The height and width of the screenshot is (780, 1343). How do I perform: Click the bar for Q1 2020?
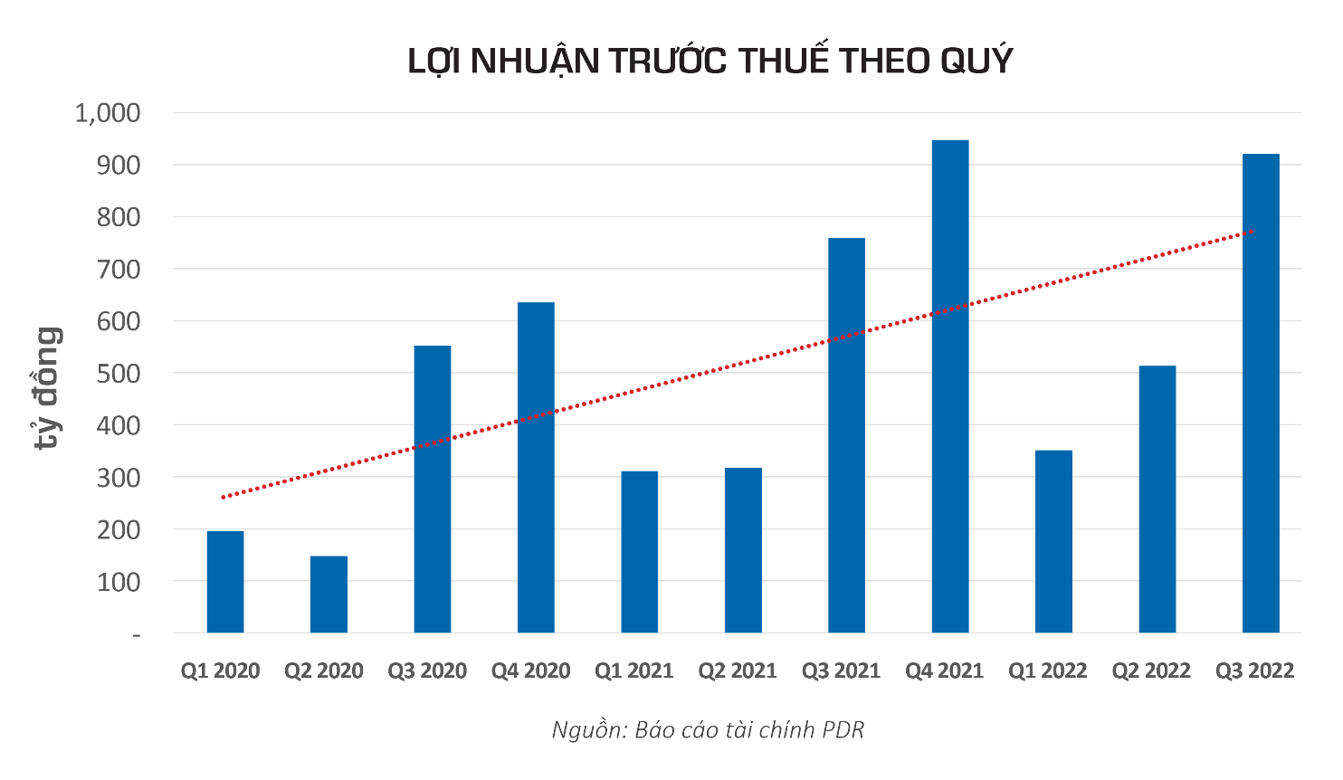point(225,581)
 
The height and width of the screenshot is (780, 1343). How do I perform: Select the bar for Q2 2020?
point(329,594)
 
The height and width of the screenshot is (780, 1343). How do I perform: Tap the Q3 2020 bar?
point(433,489)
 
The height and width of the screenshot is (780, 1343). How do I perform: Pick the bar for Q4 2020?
point(536,467)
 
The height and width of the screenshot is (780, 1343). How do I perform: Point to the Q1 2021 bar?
point(640,552)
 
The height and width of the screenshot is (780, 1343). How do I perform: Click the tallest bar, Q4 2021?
point(950,385)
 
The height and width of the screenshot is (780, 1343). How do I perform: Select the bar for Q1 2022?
point(1053,541)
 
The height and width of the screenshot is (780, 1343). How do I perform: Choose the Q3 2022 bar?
point(1261,393)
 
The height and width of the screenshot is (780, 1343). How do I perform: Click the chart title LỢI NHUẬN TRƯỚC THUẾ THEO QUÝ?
point(710,61)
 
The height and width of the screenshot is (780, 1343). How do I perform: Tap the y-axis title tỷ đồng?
point(48,387)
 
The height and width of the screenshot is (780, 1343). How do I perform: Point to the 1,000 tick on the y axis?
point(108,113)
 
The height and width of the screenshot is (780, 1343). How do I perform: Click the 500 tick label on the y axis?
point(119,374)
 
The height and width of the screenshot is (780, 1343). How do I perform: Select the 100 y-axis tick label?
point(119,582)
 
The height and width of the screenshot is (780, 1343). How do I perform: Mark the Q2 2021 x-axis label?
point(738,671)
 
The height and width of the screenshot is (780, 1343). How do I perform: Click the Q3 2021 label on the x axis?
point(841,671)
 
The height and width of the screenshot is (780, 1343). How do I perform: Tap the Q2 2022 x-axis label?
point(1151,671)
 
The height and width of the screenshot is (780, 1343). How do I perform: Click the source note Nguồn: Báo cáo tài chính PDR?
point(708,730)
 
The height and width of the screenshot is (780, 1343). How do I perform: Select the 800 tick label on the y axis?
point(119,217)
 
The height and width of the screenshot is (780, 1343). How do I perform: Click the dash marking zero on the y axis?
point(137,635)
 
